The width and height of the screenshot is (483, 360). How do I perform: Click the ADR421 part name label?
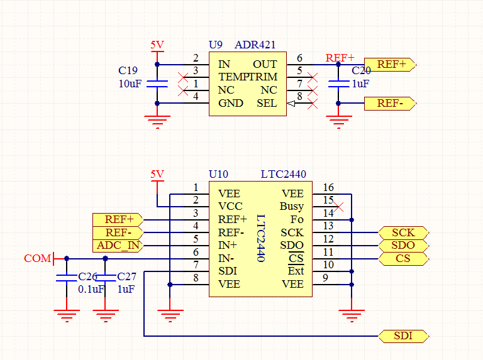tap(255, 45)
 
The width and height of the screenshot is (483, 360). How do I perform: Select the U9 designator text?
tap(216, 45)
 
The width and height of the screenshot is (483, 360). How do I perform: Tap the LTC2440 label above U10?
tap(284, 174)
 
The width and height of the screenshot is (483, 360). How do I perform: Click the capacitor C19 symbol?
tap(157, 84)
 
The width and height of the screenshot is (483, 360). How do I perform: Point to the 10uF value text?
tap(130, 84)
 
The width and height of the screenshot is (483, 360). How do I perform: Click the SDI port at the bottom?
tap(403, 336)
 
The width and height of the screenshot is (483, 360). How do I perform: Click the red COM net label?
tap(37, 258)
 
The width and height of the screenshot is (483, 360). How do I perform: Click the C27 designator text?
tap(126, 277)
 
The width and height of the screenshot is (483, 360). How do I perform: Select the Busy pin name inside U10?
tap(292, 206)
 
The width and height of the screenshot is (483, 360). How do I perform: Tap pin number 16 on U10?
tap(328, 187)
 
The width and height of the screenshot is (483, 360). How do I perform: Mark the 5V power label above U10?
tap(157, 174)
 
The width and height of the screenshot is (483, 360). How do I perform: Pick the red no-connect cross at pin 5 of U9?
tap(313, 77)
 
